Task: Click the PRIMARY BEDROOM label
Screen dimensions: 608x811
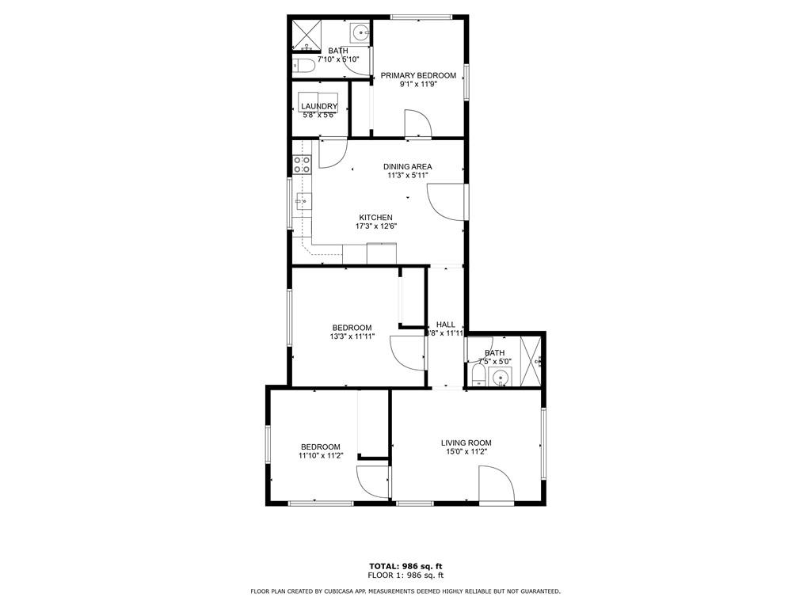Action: click(418, 75)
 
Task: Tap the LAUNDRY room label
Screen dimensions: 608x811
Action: click(319, 106)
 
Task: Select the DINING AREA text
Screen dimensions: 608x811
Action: click(408, 166)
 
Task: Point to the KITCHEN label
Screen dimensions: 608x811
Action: click(375, 218)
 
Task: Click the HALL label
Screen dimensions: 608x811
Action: click(445, 325)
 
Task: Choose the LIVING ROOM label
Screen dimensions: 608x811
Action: click(466, 443)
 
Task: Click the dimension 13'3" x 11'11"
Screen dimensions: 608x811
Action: click(352, 336)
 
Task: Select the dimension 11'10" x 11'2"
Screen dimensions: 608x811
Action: click(320, 456)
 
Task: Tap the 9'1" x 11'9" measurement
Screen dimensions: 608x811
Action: click(418, 85)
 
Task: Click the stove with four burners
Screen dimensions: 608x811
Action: click(302, 164)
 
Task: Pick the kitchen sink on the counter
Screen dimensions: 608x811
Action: click(303, 202)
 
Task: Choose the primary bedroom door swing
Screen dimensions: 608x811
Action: click(418, 123)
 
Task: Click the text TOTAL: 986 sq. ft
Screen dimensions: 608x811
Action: click(405, 566)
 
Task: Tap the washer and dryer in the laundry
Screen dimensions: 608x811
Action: click(319, 103)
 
